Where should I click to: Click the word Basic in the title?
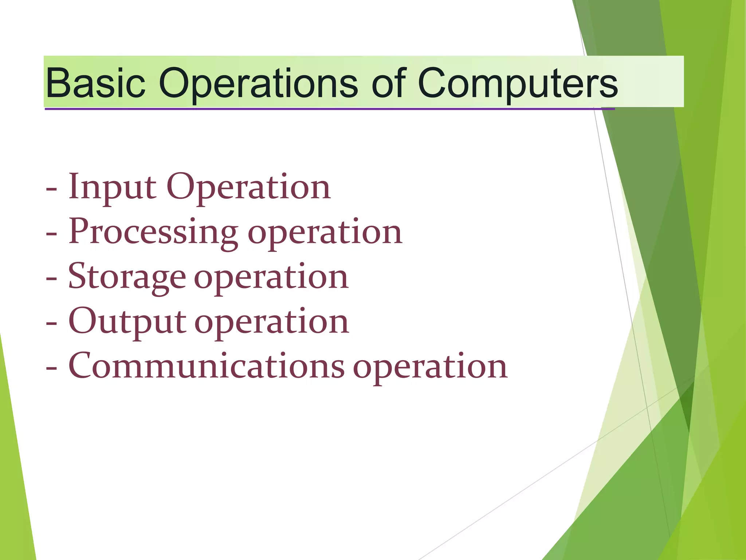(95, 83)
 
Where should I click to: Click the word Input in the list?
(113, 187)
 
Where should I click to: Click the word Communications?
(206, 366)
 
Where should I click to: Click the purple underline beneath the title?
(328, 109)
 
